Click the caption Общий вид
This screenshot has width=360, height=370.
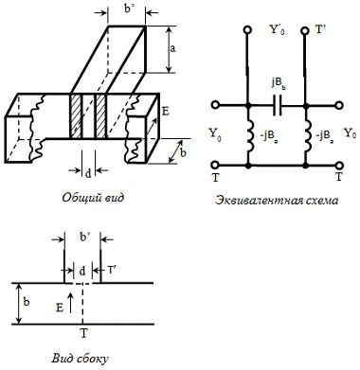tap(93, 198)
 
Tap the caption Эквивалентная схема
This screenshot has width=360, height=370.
tap(277, 201)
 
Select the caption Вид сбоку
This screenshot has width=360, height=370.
tap(80, 359)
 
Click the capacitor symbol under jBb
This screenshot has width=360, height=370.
tap(278, 106)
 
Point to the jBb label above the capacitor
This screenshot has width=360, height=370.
tap(277, 85)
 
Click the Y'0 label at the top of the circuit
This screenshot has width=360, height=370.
tap(277, 30)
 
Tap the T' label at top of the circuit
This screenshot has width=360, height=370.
tap(320, 29)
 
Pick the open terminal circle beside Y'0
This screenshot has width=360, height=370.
tap(247, 30)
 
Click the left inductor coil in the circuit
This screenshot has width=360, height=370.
tap(251, 136)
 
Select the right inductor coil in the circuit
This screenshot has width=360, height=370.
tap(308, 136)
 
